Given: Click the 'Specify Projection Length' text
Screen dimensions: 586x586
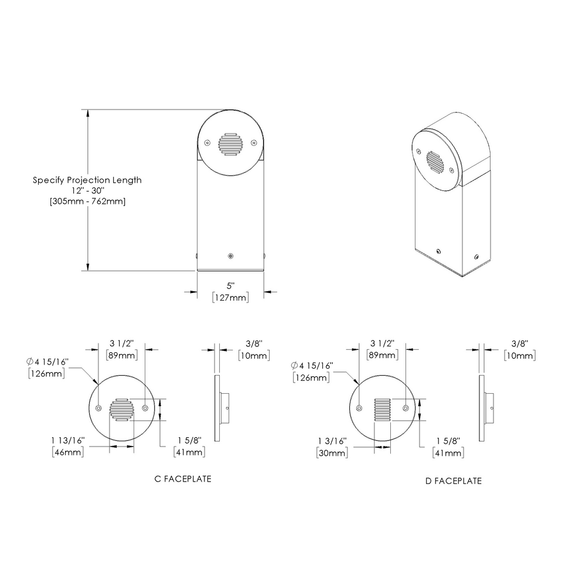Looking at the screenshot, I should pyautogui.click(x=87, y=180).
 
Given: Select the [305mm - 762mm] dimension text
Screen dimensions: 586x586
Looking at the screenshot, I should pyautogui.click(x=87, y=201).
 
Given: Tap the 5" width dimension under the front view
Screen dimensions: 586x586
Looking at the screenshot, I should pyautogui.click(x=230, y=286).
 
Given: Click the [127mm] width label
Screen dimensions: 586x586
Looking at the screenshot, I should pyautogui.click(x=230, y=298).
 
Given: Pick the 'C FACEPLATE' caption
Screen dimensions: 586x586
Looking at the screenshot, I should pyautogui.click(x=182, y=479).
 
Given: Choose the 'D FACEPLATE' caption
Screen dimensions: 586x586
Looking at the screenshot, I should pyautogui.click(x=454, y=481).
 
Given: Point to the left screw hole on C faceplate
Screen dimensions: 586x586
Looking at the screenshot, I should pyautogui.click(x=98, y=408).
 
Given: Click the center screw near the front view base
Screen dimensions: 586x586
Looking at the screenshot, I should pyautogui.click(x=230, y=255).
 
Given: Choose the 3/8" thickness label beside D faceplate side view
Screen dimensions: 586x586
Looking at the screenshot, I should pyautogui.click(x=519, y=343).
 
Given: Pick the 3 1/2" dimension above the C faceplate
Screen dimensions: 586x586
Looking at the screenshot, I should pyautogui.click(x=121, y=343).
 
